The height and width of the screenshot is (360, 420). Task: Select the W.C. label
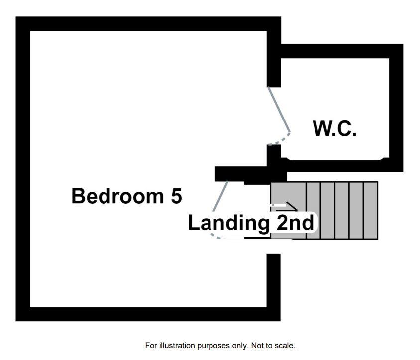pos(334,128)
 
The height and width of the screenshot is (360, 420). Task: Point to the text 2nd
pos(294,223)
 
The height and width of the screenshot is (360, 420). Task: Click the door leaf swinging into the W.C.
pos(279,110)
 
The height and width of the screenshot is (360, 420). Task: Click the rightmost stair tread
pos(371,210)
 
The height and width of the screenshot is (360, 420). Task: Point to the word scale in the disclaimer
pos(286,345)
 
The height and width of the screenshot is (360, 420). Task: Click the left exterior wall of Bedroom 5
pos(23,169)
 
